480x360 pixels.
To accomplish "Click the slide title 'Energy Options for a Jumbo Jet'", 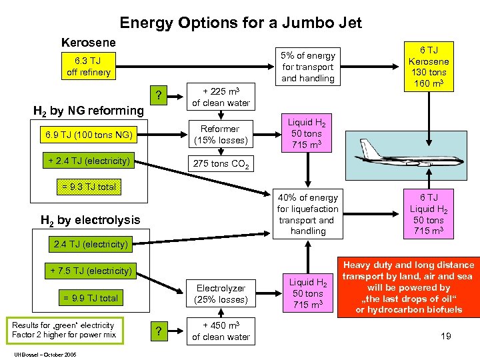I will coord(240,23).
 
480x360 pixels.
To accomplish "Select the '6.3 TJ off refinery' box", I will coord(89,67).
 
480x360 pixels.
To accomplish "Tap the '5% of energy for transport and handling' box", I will coord(308,67).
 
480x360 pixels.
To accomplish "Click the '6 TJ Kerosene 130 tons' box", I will coord(428,67).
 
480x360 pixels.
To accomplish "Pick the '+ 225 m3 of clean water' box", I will coord(221,97).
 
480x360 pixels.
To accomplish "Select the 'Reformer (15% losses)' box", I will coord(220,135).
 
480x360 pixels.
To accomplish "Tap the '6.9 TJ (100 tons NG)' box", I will coord(89,135).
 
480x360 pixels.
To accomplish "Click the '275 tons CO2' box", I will coord(221,164).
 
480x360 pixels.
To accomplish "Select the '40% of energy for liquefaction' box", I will coord(308,214).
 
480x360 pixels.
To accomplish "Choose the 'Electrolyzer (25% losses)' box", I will coord(221,294).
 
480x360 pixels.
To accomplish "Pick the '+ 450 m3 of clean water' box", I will coord(221,331).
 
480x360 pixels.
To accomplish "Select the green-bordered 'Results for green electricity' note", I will coord(63,329).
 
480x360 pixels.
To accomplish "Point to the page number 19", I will coord(445,336).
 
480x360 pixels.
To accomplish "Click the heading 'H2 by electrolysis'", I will coord(91,220).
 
